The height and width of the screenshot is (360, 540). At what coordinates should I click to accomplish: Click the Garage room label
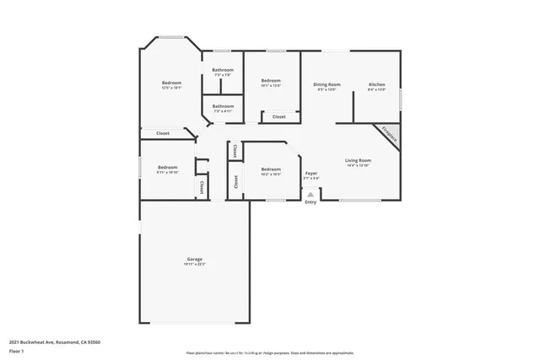tap(194, 259)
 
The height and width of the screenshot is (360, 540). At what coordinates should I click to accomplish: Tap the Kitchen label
tap(376, 83)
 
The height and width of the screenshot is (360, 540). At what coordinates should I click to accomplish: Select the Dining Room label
tap(327, 83)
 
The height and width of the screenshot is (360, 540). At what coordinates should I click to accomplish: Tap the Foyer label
tap(311, 173)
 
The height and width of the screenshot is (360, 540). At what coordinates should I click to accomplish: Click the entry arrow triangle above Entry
tap(310, 194)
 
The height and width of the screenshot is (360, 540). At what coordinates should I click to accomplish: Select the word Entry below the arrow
tap(310, 202)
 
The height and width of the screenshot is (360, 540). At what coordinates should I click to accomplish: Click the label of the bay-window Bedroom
tap(171, 83)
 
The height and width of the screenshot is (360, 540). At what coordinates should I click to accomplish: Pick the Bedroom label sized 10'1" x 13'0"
tap(270, 80)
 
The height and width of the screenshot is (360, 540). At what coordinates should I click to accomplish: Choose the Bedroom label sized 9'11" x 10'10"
tap(166, 167)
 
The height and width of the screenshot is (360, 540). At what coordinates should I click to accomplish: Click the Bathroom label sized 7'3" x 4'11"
tap(223, 106)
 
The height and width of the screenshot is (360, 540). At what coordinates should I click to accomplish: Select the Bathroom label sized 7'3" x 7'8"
tap(223, 70)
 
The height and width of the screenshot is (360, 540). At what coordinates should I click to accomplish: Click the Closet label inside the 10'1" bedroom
tap(278, 116)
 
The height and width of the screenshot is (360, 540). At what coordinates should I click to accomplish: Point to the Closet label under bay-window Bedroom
tap(163, 133)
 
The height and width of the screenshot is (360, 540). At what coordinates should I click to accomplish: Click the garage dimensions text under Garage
tap(194, 265)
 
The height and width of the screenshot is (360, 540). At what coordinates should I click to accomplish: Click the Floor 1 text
tap(18, 352)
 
